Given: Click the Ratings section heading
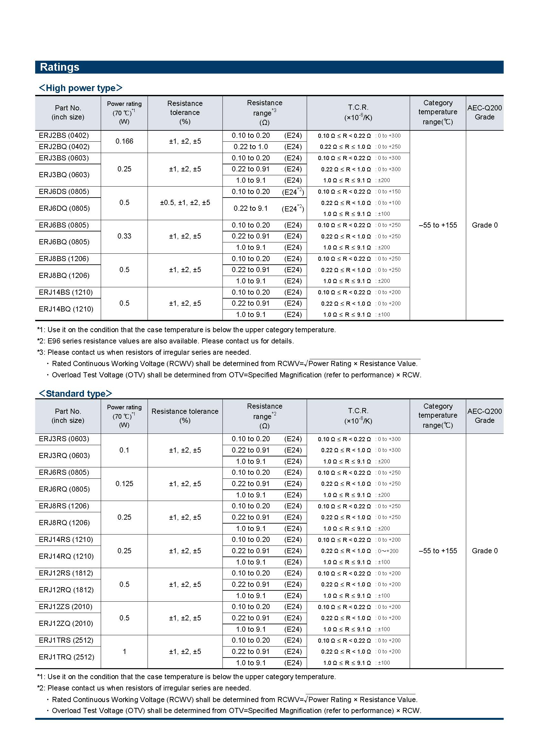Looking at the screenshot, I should (x=59, y=67).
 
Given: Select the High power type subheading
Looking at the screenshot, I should (x=81, y=88).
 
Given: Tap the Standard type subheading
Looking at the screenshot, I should (x=76, y=393).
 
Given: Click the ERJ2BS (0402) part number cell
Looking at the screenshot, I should (x=64, y=136).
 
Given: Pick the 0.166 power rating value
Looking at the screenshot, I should (x=124, y=141).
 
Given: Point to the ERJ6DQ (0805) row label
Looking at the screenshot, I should (x=64, y=209).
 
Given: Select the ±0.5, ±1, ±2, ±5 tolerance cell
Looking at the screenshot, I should (x=185, y=203).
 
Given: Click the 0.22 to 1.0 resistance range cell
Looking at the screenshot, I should (x=251, y=147).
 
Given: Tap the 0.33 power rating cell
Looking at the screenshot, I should (x=124, y=236).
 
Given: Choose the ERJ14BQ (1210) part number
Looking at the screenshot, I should (x=66, y=309).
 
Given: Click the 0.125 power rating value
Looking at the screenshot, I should (x=124, y=484).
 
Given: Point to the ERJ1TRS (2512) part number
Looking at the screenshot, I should (x=66, y=640).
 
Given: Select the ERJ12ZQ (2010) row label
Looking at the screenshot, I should (x=66, y=624).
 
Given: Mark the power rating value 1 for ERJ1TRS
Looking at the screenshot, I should (x=124, y=651).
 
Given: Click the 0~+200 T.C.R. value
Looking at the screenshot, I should (x=388, y=551).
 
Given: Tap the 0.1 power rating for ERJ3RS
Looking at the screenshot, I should (x=124, y=450).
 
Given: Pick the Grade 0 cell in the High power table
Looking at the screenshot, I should (x=485, y=225).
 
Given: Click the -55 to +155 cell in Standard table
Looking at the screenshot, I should (x=438, y=551).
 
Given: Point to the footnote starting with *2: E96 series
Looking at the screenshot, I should (x=165, y=341).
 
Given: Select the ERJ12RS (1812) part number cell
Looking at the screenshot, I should (x=66, y=573).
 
